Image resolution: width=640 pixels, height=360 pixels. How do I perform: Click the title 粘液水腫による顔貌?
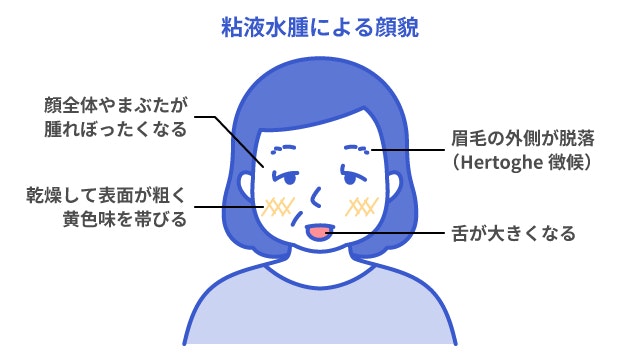pyautogui.click(x=319, y=27)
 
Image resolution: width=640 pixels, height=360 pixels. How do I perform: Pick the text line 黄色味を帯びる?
pyautogui.click(x=124, y=219)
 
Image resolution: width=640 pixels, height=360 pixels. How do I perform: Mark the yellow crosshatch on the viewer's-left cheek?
pyautogui.click(x=277, y=206)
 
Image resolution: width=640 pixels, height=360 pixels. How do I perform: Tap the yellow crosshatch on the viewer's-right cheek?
pyautogui.click(x=361, y=206)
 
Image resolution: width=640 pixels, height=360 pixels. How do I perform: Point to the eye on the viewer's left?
pyautogui.click(x=285, y=178)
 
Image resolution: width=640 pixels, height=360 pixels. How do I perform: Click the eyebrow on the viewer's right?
pyautogui.click(x=355, y=149)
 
